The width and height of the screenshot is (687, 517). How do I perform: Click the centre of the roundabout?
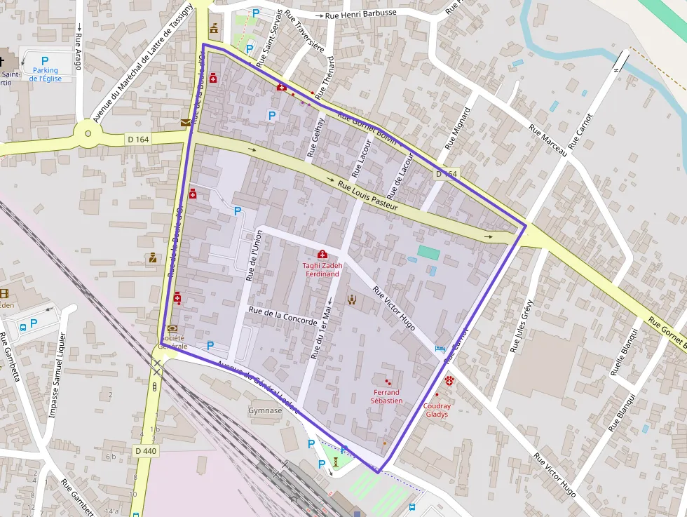tap(88, 133)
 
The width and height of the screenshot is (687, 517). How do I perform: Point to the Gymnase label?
tap(265, 410)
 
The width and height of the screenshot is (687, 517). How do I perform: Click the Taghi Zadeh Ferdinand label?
tap(322, 269)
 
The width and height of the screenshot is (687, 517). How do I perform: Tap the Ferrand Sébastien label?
tap(386, 396)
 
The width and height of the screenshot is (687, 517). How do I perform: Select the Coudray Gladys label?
tap(437, 410)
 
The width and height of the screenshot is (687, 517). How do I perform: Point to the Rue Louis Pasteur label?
tap(368, 196)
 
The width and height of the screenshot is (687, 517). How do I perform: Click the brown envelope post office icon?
tap(185, 122)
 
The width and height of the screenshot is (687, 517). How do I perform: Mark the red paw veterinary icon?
tap(449, 380)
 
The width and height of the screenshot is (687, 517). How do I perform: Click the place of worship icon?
tap(352, 300)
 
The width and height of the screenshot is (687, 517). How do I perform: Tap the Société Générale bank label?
tap(172, 342)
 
